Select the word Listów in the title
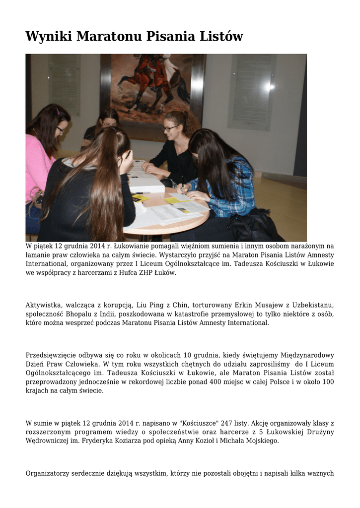tap(219, 37)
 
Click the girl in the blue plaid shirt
tap(223, 174)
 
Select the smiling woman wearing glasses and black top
tap(174, 144)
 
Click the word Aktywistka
tap(43, 305)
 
